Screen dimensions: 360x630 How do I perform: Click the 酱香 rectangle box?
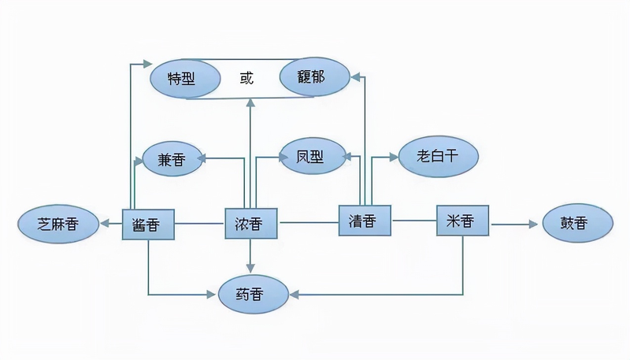click(x=148, y=225)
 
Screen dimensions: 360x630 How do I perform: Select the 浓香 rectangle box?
click(x=253, y=225)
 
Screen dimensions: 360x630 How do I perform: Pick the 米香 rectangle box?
click(x=463, y=221)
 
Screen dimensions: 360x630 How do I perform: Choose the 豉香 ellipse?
click(x=576, y=225)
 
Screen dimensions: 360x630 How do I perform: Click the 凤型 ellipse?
click(x=313, y=156)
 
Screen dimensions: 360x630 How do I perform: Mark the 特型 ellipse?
click(x=186, y=79)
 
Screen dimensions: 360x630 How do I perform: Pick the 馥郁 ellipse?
click(x=313, y=77)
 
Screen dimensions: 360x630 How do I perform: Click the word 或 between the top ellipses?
click(x=249, y=78)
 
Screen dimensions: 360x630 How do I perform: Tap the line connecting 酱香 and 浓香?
click(x=199, y=225)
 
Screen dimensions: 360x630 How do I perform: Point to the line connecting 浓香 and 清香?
click(x=309, y=223)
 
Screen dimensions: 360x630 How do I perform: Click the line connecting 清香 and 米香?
click(x=414, y=221)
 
